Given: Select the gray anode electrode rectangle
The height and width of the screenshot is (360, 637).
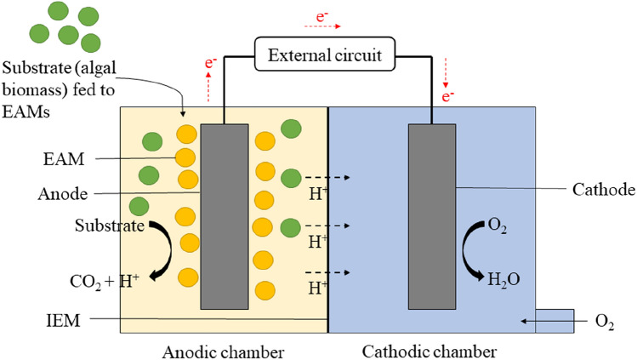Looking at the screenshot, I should [x=224, y=216].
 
